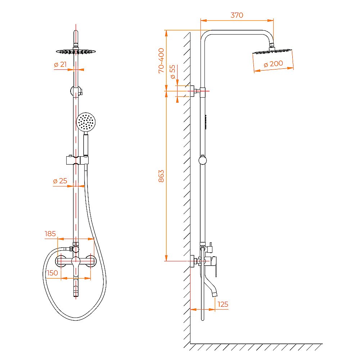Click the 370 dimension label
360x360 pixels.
point(237,15)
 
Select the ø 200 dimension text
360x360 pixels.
point(273,64)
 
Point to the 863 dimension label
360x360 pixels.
point(161,176)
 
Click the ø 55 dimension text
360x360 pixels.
point(172,72)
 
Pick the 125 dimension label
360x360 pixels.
point(223,304)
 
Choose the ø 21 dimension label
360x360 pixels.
point(60,64)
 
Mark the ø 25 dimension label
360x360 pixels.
point(60,181)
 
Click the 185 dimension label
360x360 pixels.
point(50,234)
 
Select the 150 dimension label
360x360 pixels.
point(52,273)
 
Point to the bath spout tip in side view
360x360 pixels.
point(215,294)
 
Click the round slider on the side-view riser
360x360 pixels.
point(203,160)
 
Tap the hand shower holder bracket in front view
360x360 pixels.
point(77,160)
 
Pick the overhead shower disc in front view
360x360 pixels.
point(76,51)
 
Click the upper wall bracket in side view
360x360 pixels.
point(196,91)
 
